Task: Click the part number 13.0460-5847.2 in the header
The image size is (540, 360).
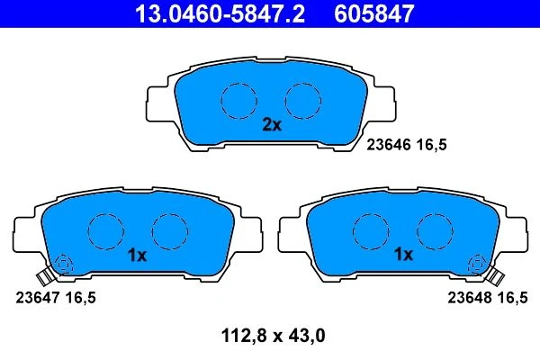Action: pyautogui.click(x=220, y=13)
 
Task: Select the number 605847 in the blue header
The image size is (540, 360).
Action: pyautogui.click(x=374, y=13)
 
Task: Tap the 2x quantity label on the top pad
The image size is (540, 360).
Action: pyautogui.click(x=272, y=125)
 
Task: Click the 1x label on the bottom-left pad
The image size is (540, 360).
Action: pyautogui.click(x=138, y=256)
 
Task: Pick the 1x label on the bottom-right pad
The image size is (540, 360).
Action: pyautogui.click(x=403, y=254)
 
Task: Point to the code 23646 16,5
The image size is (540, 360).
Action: pyautogui.click(x=407, y=145)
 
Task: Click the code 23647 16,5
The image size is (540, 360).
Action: pyautogui.click(x=56, y=298)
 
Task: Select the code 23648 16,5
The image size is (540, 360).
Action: pyautogui.click(x=487, y=298)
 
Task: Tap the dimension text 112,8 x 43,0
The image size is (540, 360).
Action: pyautogui.click(x=273, y=336)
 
